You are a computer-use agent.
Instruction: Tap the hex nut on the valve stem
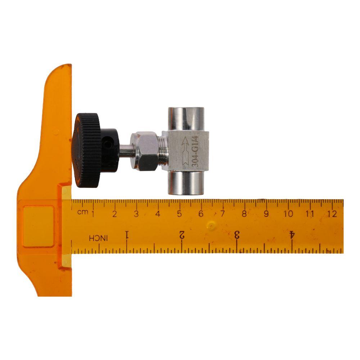[145, 151]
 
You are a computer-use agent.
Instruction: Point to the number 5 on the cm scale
[179, 214]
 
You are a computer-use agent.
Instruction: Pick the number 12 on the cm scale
[332, 214]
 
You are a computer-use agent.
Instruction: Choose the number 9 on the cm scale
[266, 214]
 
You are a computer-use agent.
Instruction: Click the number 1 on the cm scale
[93, 214]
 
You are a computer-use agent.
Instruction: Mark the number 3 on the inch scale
[237, 235]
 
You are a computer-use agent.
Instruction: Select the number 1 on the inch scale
[127, 235]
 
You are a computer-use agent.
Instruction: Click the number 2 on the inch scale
[182, 235]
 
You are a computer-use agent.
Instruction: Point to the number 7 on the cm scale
[222, 214]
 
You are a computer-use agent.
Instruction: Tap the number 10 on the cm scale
[288, 214]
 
